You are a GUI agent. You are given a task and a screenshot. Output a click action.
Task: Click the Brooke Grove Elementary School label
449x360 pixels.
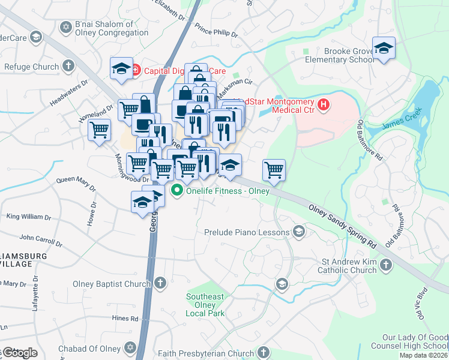340,56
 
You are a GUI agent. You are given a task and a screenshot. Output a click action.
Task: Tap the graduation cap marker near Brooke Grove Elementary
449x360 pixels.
383,49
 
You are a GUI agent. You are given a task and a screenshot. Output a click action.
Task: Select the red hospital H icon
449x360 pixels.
324,106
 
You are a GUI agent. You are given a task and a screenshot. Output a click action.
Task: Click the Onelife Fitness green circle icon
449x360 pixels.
176,191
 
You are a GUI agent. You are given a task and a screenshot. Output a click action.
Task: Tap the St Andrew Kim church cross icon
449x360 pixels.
385,265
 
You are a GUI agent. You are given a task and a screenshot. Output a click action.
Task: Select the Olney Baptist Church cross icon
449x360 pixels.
160,283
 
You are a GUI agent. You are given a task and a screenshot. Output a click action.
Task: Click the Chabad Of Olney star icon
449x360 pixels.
129,348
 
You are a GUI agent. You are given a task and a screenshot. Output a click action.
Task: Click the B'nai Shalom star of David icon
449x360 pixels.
65,27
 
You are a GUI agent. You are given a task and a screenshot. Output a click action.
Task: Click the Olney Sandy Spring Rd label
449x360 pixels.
342,228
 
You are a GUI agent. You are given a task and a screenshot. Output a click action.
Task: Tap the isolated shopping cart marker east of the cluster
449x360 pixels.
274,170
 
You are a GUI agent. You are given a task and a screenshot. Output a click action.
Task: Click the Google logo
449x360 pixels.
19,353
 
